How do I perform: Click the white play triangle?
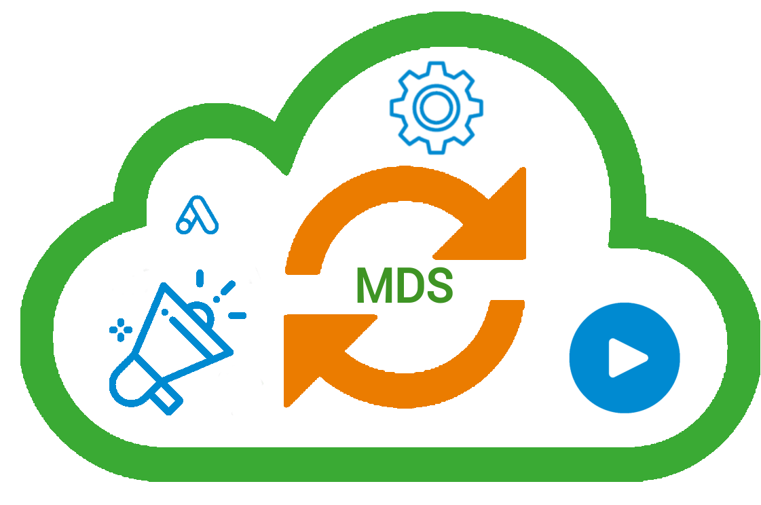626,357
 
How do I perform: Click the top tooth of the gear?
436,67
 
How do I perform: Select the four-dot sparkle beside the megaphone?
121,330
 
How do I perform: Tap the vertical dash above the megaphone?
200,278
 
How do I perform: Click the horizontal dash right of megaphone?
237,316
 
